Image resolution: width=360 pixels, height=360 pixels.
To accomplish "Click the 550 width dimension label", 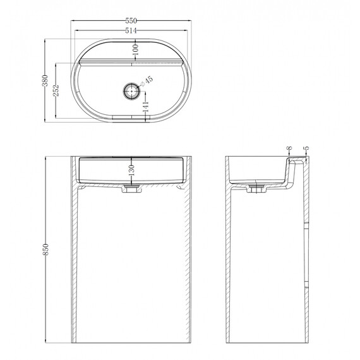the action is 131,21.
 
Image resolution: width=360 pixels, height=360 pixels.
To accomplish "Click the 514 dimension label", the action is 131,30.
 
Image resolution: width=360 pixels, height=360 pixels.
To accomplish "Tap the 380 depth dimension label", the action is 45,81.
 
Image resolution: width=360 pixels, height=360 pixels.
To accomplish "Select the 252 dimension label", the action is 56,90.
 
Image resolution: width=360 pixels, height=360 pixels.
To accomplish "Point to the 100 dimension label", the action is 136,50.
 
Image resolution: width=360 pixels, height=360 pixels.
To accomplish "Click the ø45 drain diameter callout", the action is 145,81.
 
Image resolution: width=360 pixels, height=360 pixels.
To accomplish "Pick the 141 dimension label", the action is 146,107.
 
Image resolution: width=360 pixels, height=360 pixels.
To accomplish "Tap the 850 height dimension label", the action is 45,249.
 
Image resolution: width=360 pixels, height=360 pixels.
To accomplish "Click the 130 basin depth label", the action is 131,170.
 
